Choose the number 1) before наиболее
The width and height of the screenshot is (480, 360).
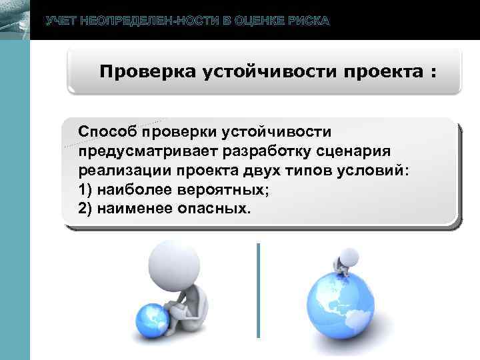85,189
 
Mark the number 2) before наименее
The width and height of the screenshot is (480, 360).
85,208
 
